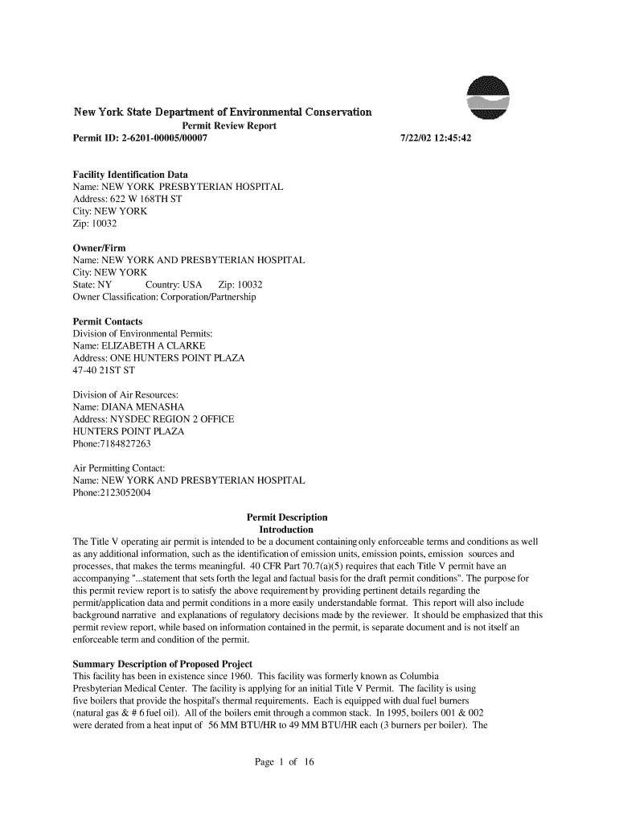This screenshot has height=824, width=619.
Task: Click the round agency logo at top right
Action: (x=490, y=99)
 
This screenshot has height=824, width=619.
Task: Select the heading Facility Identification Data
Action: (x=130, y=175)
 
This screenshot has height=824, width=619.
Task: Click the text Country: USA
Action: (x=174, y=285)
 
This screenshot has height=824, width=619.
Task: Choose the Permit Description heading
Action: (x=287, y=517)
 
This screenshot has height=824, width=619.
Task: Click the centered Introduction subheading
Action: (x=286, y=530)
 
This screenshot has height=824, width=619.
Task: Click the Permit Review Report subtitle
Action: (x=229, y=126)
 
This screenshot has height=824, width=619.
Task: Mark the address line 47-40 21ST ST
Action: (x=104, y=370)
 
